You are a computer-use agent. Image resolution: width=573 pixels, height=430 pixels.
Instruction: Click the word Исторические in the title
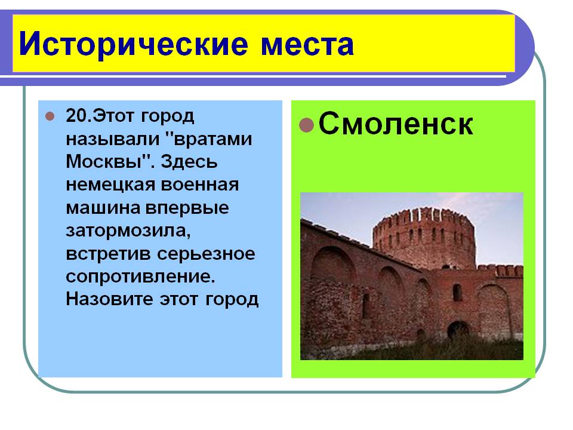[133, 45]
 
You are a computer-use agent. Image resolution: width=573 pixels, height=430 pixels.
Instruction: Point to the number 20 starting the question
[76, 116]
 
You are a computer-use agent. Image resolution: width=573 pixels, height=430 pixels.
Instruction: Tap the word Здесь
[189, 162]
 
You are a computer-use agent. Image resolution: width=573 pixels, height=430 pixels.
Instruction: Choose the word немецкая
[110, 185]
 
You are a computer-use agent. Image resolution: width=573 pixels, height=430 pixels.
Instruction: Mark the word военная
[200, 185]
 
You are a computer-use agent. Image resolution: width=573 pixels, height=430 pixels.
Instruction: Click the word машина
[103, 208]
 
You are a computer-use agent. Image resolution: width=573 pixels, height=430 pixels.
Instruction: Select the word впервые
[187, 208]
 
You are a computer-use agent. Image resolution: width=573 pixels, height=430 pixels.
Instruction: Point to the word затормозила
[128, 231]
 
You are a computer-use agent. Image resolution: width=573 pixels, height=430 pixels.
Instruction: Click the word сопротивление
[140, 277]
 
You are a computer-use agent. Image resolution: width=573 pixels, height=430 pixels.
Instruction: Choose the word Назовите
[109, 299]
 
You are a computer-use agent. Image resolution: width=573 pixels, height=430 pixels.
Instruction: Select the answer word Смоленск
[396, 124]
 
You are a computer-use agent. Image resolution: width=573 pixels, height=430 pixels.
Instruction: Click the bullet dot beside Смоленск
[306, 125]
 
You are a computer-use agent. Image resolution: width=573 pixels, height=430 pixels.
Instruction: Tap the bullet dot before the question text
[50, 116]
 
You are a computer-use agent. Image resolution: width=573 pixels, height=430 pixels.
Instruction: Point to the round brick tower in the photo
[424, 238]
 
